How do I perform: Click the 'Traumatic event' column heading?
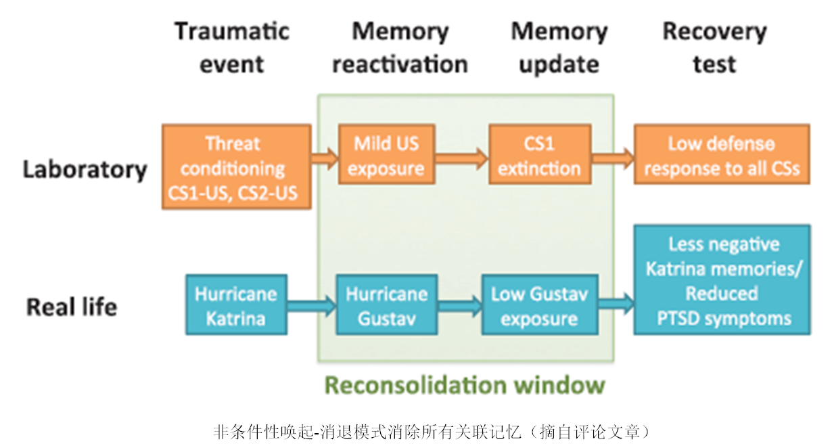(232, 47)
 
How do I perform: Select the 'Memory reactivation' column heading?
(400, 47)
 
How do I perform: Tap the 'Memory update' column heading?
(559, 48)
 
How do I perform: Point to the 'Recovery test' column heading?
(714, 47)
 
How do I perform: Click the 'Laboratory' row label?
(85, 169)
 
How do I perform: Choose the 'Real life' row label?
(72, 307)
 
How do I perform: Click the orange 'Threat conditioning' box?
(237, 166)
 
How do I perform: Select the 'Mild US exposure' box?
(387, 154)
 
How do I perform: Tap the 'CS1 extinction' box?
(540, 154)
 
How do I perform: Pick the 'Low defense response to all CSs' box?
(722, 154)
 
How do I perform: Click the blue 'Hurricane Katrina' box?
(237, 305)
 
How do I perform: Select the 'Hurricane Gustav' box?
(387, 305)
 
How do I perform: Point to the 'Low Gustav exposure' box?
(540, 305)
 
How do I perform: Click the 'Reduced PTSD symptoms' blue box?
(722, 279)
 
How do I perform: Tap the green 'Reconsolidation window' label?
(465, 385)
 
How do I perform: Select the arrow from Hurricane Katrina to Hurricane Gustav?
(312, 306)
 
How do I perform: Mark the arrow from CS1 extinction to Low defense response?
(613, 158)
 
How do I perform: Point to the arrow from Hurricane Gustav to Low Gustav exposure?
(460, 306)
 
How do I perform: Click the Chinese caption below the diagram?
(432, 432)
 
